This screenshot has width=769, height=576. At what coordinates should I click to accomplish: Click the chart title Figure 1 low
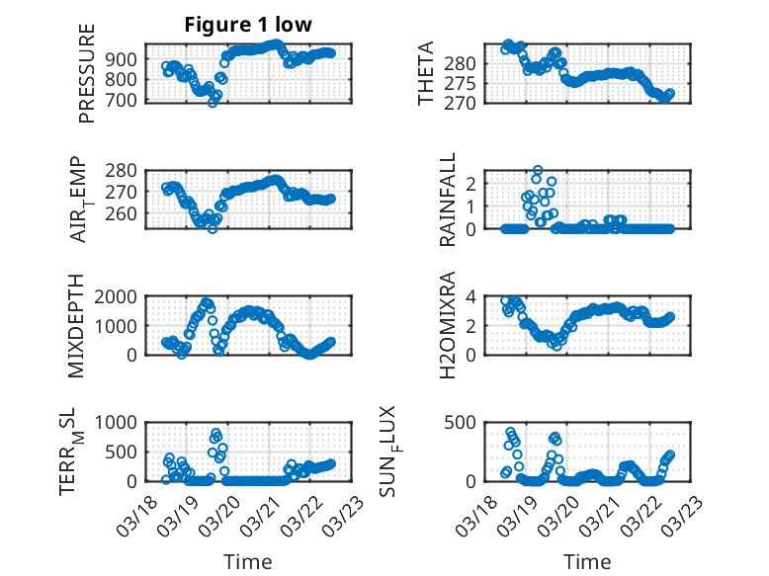tap(249, 25)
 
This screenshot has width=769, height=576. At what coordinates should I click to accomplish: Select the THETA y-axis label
tap(426, 74)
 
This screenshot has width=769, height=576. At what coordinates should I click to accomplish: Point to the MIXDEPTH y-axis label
tap(75, 327)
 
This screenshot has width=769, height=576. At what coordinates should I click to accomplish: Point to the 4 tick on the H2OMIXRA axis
tap(474, 296)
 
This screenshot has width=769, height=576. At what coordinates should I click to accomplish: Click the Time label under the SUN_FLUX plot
tap(587, 562)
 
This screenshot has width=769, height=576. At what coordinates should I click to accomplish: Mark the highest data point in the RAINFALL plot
tap(538, 170)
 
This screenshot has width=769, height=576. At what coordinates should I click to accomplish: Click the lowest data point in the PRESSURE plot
tap(212, 102)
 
